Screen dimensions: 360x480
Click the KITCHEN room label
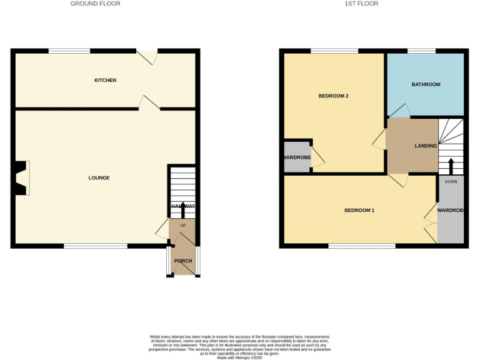point(105,81)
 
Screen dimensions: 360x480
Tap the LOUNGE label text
point(99,178)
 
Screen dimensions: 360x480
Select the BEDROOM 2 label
point(333,96)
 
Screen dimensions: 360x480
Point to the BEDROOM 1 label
point(359,211)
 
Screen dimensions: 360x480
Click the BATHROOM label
point(426,84)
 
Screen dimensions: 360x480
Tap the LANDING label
point(426,146)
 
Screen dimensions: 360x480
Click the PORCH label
point(183,261)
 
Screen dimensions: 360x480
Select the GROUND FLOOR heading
point(95,4)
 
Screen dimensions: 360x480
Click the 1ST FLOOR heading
point(361,4)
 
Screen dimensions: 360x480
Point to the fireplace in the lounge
point(21,178)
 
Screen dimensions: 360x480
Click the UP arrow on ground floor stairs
point(182,209)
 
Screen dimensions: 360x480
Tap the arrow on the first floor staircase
point(450,166)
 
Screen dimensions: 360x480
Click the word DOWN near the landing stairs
point(450,181)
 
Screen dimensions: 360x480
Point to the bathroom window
point(421,51)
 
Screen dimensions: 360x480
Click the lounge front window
point(96,246)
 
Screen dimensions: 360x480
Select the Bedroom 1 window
point(362,246)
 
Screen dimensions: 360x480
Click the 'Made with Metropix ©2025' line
point(239,357)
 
